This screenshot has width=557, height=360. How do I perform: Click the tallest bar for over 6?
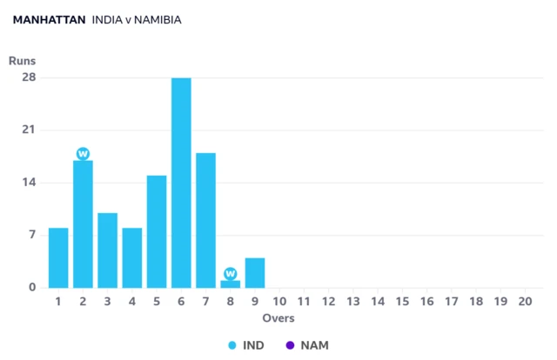(x=181, y=183)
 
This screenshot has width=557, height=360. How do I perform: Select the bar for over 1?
(x=58, y=257)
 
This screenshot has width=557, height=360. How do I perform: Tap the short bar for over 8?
(x=230, y=284)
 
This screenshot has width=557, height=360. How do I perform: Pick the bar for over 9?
(x=255, y=273)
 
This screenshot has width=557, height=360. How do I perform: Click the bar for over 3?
(x=108, y=250)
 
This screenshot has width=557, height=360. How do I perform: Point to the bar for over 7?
(x=205, y=221)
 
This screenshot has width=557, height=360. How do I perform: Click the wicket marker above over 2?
(x=84, y=154)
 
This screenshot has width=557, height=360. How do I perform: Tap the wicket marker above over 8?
(x=230, y=274)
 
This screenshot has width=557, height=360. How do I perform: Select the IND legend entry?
(x=246, y=345)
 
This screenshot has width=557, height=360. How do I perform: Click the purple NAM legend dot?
(x=290, y=345)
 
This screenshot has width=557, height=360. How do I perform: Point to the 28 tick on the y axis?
(x=29, y=77)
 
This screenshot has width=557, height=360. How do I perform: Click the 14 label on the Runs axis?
(x=29, y=183)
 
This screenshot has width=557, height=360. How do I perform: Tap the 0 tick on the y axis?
(x=32, y=287)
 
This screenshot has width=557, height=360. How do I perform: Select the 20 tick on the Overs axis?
(x=525, y=302)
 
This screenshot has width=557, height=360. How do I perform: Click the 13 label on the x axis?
(x=353, y=302)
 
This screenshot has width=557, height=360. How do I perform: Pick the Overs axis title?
(x=278, y=318)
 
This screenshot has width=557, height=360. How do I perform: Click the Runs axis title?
(x=22, y=61)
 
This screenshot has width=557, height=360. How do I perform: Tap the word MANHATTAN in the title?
(x=49, y=20)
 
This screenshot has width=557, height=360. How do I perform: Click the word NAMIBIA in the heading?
(x=158, y=20)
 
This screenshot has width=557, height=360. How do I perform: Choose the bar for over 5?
(x=157, y=232)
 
